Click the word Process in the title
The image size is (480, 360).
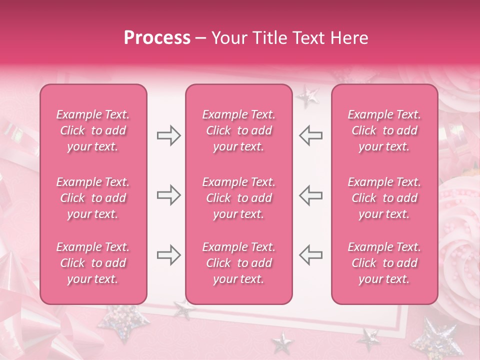coord(157,38)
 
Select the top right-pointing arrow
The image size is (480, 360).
coord(168,135)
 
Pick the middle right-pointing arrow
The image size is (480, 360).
coord(168,195)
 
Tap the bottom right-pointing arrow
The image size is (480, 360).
coord(168,255)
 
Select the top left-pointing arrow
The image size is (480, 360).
coord(310,135)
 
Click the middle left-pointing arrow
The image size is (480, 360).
coord(310,195)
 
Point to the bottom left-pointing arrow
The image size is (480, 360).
coord(310,255)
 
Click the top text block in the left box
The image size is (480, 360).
coord(93,130)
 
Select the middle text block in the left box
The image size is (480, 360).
coord(93,198)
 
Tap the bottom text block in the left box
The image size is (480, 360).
coord(93,263)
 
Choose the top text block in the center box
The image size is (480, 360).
coord(239,130)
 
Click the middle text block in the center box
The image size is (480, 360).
coord(239,198)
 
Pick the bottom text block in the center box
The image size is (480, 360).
coord(239,263)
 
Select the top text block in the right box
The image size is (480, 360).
coord(384,130)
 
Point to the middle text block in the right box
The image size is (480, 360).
coord(384,198)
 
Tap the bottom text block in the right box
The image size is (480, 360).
coord(384,263)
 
